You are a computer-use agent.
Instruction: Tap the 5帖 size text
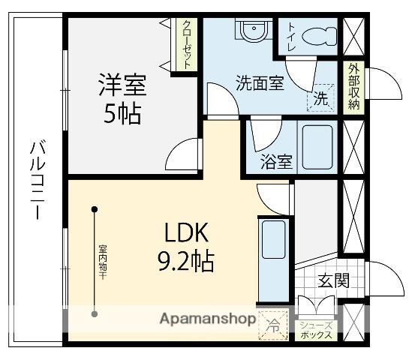122,115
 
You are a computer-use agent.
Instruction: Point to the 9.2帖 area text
185,261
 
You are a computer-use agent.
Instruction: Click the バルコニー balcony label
35,178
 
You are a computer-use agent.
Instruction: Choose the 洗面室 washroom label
260,83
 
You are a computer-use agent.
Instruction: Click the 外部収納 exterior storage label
353,87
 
